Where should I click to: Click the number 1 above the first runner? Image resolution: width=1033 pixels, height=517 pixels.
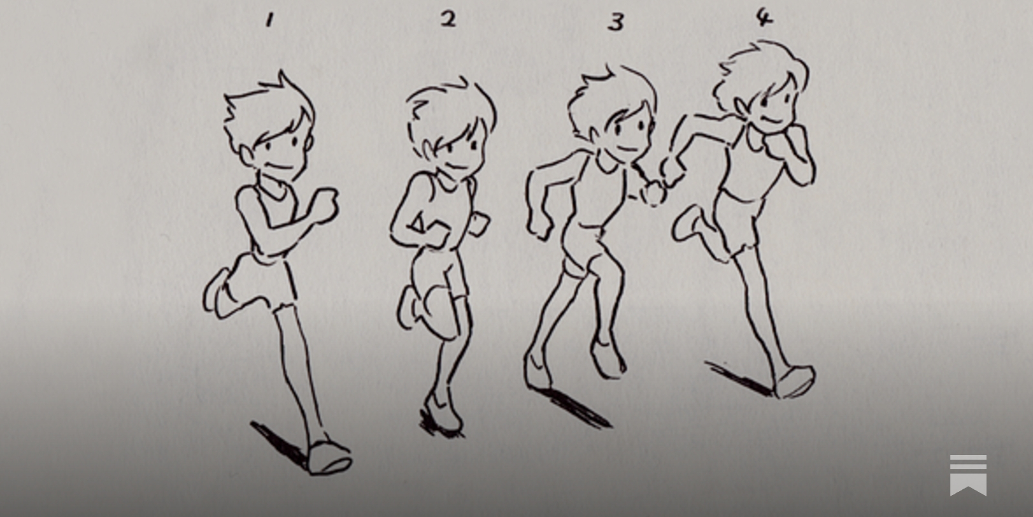point(269,21)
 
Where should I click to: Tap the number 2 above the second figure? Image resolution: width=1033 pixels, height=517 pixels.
point(448,19)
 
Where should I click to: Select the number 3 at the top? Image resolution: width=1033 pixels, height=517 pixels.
point(616,22)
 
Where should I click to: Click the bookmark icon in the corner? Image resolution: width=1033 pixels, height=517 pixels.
point(968,475)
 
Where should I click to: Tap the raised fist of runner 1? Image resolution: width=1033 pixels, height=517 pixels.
point(325,206)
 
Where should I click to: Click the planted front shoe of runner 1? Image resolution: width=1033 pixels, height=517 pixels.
point(329,458)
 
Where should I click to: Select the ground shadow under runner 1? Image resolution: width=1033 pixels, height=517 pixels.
point(278,444)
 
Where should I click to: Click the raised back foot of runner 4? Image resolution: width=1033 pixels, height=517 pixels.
point(687,224)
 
